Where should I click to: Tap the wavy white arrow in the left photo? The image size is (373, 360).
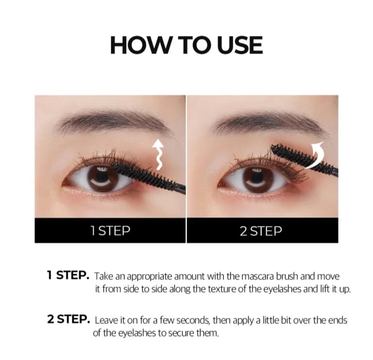158,155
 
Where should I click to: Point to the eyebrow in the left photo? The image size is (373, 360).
115,123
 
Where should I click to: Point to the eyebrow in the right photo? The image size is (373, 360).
269,125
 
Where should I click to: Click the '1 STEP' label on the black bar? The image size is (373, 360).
110,231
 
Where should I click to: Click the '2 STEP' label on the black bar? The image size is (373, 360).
261,231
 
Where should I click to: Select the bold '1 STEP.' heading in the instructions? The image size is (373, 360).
68,276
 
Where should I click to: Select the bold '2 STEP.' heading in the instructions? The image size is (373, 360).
68,319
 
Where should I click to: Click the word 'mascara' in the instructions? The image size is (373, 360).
254,277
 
